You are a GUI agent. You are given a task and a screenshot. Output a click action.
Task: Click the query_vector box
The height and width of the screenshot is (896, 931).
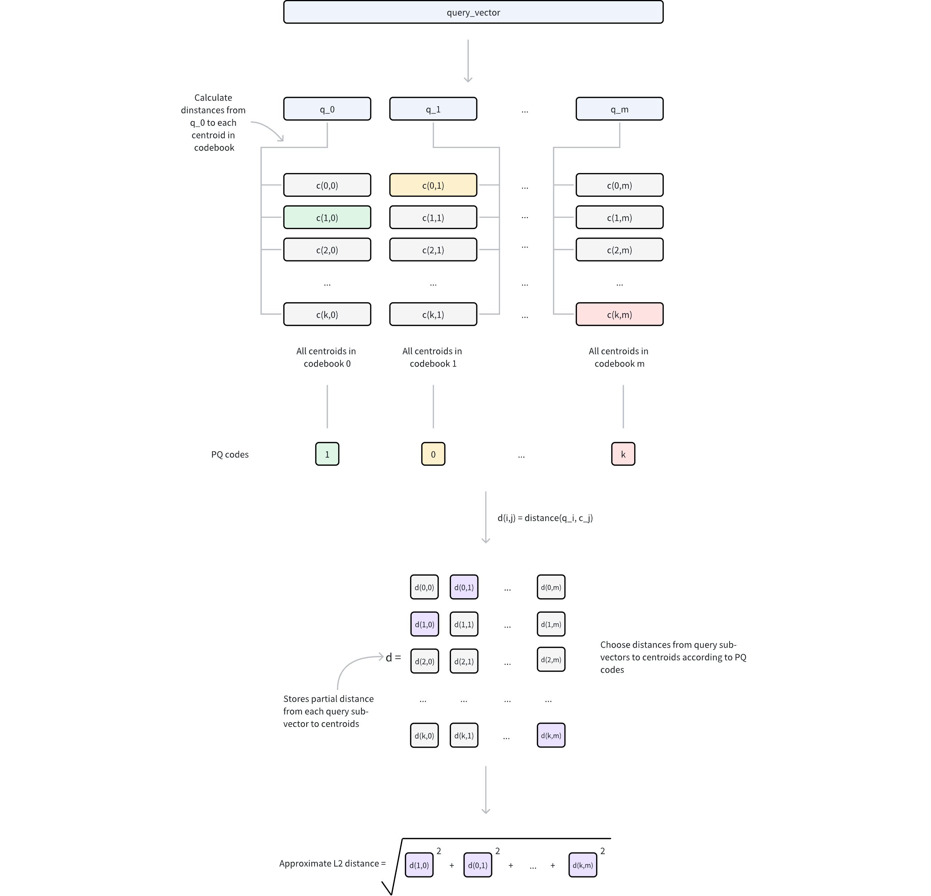point(473,12)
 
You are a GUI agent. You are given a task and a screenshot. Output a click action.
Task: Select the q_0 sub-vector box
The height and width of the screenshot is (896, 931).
point(327,109)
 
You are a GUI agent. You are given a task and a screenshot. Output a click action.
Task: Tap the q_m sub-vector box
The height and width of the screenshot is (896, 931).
point(619,109)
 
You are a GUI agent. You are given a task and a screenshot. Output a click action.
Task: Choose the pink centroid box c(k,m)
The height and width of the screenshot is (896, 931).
point(619,314)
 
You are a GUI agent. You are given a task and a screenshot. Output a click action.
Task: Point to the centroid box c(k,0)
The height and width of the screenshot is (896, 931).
point(327,314)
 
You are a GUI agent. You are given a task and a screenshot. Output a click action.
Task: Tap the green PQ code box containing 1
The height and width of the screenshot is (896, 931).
point(327,454)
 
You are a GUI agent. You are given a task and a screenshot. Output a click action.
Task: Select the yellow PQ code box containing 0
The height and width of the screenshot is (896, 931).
point(433,454)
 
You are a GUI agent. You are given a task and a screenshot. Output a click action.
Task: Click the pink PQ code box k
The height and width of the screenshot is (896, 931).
point(623,454)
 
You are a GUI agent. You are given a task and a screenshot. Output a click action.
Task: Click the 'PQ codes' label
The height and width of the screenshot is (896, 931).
point(229,455)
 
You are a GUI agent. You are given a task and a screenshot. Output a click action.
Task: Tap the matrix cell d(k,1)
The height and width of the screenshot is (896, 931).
point(464,735)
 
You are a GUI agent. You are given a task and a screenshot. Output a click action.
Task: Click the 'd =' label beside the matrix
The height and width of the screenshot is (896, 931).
point(393,657)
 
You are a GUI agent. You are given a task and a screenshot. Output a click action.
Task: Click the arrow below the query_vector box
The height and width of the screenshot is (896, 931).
point(468,61)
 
